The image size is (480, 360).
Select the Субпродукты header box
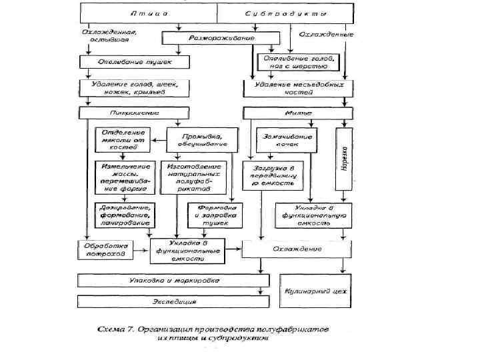point(286,13)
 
